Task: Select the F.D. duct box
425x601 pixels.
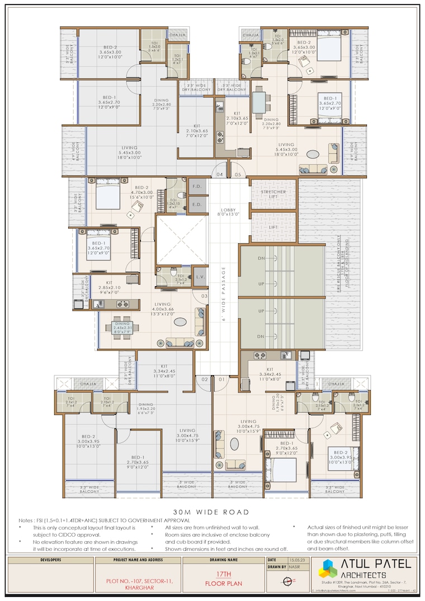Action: (197, 186)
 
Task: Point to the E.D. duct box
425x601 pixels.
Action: (197, 204)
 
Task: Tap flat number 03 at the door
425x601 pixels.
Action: (204, 296)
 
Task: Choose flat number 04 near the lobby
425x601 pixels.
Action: (220, 175)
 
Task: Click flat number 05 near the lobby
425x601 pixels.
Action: (238, 175)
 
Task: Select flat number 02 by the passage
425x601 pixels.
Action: (205, 380)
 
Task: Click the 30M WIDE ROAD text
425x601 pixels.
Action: (211, 512)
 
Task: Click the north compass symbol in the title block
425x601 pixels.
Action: (288, 581)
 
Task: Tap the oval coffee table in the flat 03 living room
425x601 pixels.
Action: (180, 322)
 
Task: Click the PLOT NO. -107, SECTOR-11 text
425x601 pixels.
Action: (140, 581)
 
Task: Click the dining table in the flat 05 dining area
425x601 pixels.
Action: (259, 103)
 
